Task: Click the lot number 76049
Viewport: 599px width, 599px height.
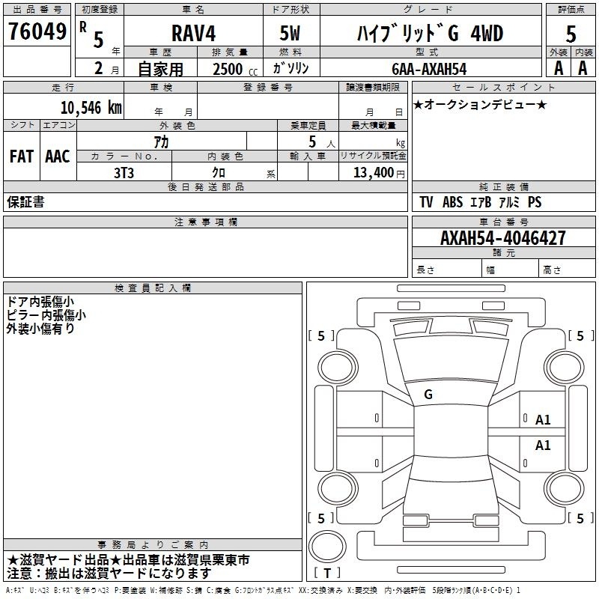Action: click(x=37, y=31)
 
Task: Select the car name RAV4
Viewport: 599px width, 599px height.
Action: click(x=193, y=33)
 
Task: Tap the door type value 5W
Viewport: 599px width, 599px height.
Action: click(x=290, y=33)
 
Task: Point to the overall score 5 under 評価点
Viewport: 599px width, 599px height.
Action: click(x=571, y=34)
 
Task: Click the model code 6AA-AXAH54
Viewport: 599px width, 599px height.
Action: click(x=429, y=69)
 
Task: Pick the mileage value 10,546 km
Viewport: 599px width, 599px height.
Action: click(x=91, y=108)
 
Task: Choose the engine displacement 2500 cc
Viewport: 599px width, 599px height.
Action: click(x=235, y=69)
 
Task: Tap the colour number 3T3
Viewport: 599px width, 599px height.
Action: click(x=124, y=173)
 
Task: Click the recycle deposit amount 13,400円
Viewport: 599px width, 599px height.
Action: click(x=379, y=173)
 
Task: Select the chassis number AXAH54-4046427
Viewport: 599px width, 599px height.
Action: click(x=503, y=238)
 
